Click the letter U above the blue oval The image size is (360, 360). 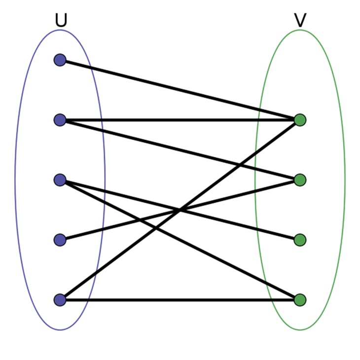[x=61, y=20]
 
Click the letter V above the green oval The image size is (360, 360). [x=300, y=20]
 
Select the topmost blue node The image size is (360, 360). [x=60, y=60]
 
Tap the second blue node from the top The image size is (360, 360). [x=60, y=120]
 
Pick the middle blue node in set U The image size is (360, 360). [x=60, y=180]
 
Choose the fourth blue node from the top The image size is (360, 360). [x=60, y=240]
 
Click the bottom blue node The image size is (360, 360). [x=60, y=300]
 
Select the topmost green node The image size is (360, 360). [x=300, y=120]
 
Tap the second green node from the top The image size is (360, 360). [x=300, y=180]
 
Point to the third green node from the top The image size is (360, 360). [x=300, y=240]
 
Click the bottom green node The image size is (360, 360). [x=300, y=300]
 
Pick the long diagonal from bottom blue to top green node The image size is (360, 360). [x=123, y=252]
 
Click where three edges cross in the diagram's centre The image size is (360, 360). [x=180, y=210]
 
